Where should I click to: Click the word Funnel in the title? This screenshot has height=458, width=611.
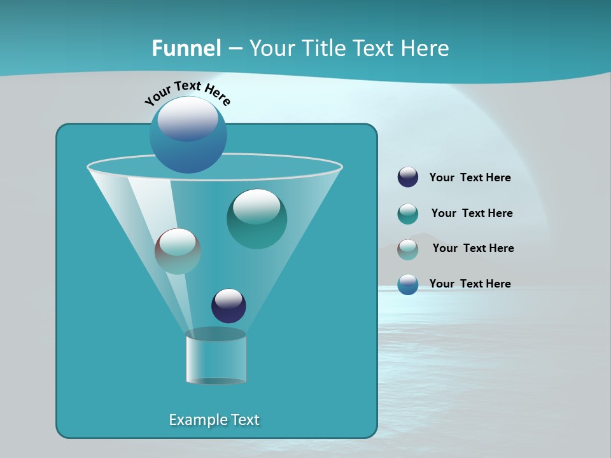point(186,48)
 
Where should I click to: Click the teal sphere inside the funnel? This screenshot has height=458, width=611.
point(256,219)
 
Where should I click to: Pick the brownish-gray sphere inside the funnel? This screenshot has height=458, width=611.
point(178,251)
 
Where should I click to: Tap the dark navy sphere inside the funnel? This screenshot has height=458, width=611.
point(228,306)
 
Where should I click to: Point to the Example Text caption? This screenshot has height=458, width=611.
point(214,420)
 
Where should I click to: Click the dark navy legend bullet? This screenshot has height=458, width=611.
point(408,177)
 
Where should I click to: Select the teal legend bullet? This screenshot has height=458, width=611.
point(408,214)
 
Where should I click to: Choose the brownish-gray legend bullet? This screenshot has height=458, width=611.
point(408,249)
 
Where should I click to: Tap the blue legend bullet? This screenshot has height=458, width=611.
point(408,284)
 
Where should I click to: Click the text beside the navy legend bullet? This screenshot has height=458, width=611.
point(470,178)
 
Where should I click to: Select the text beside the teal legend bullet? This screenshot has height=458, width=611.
point(472,214)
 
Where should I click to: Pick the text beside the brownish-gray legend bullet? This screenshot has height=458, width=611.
point(473,249)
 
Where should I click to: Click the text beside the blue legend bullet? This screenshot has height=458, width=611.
point(470,284)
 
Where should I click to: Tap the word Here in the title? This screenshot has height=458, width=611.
point(425,48)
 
